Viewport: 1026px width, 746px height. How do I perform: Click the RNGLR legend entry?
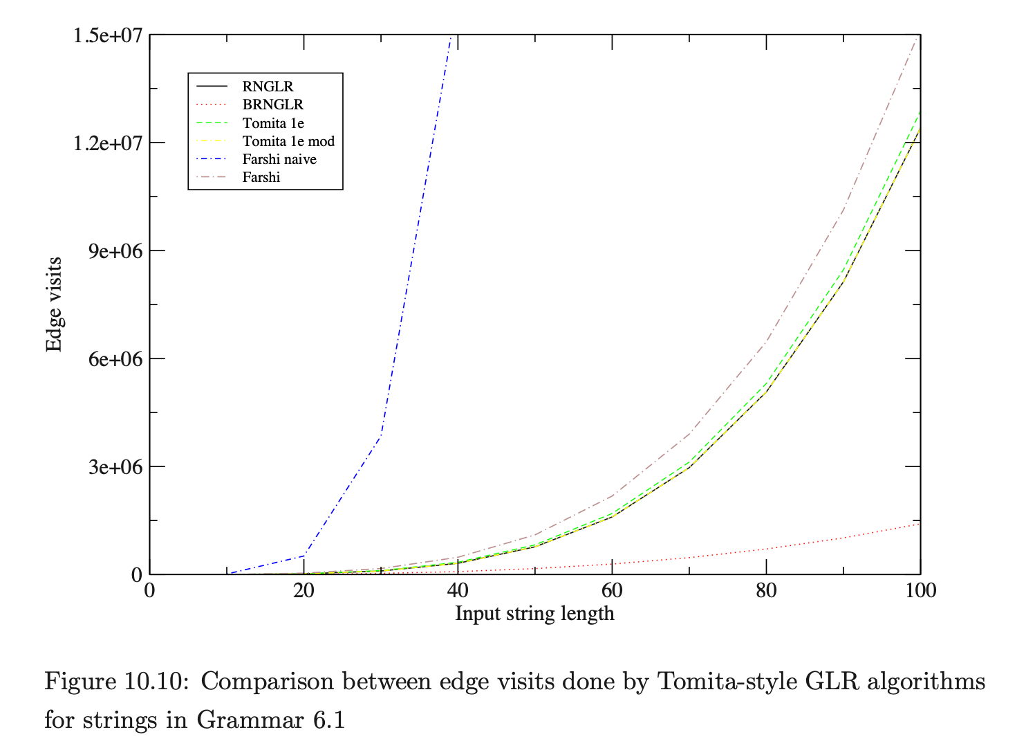click(268, 87)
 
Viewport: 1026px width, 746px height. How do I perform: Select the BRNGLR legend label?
click(272, 104)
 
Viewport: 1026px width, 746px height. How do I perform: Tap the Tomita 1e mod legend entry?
click(288, 141)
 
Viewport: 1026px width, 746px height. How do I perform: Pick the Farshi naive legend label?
click(279, 159)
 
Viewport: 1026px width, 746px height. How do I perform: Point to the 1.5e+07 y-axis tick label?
click(108, 35)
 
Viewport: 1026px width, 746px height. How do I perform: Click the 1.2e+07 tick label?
click(108, 143)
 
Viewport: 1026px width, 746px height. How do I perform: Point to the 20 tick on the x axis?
click(304, 590)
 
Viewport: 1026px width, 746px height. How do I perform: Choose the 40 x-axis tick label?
click(458, 590)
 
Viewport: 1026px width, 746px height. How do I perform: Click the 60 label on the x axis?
click(612, 590)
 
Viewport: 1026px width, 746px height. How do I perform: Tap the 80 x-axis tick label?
click(766, 590)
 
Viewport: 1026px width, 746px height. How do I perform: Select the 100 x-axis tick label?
click(920, 590)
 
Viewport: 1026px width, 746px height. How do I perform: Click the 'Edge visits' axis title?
click(54, 304)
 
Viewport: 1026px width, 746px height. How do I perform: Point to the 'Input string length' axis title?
click(534, 614)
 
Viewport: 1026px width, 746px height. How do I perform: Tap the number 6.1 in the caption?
click(328, 720)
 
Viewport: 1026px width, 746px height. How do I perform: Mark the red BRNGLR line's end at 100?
click(920, 524)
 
